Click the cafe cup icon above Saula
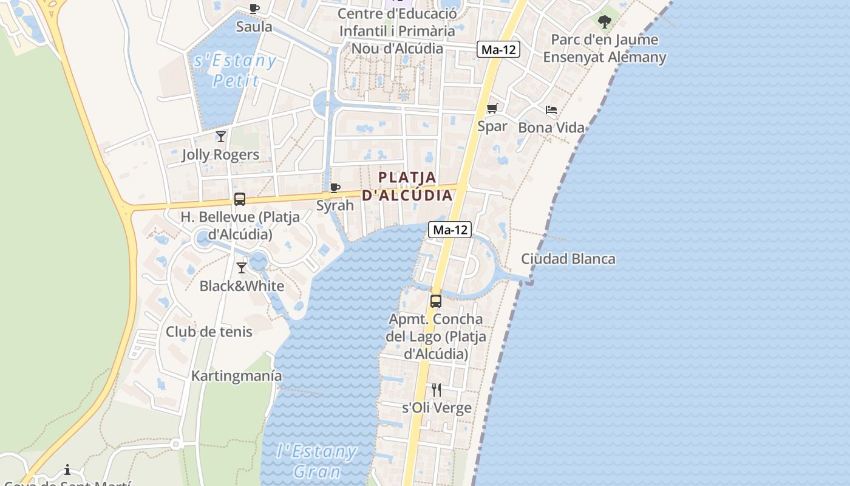254,9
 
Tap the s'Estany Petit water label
235,70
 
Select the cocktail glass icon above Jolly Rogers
221,136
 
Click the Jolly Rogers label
220,155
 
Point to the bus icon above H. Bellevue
240,199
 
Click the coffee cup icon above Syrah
335,188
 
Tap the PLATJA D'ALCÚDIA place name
407,187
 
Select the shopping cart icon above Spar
492,109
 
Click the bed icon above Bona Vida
551,110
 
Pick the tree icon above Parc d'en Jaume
604,22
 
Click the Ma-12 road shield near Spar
499,50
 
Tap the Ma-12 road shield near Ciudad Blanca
450,230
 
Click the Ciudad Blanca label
568,259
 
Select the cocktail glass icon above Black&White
242,267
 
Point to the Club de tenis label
209,332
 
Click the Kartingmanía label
236,376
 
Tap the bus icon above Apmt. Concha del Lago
435,301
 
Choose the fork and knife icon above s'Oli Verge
437,389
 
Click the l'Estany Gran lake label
316,461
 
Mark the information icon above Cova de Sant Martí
67,470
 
